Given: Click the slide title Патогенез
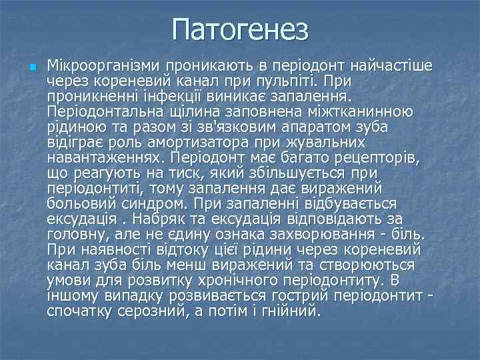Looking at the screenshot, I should click(x=240, y=29).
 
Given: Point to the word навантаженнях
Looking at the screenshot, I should click(x=106, y=157).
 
